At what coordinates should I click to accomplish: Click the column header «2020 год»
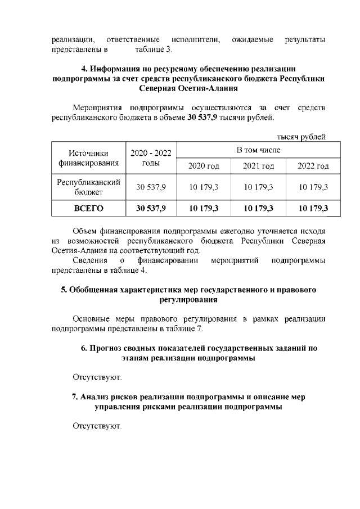coord(205,166)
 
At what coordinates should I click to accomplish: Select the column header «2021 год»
coord(258,166)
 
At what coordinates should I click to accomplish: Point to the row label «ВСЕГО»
coord(89,209)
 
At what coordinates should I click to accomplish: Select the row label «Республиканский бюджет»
coord(89,187)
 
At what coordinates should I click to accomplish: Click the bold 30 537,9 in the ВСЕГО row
coord(151,209)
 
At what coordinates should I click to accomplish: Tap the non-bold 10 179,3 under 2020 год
coord(205,187)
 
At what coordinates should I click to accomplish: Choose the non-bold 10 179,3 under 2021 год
coord(258,187)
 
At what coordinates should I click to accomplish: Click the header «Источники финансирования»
coord(89,158)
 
